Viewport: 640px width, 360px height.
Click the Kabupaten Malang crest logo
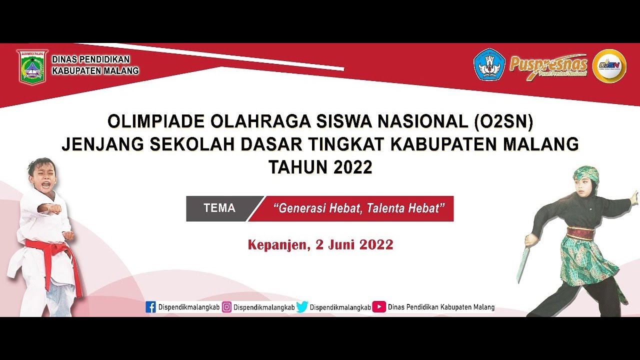pyautogui.click(x=32, y=66)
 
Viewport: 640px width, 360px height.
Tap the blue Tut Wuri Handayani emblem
pyautogui.click(x=489, y=65)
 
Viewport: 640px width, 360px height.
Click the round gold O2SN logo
pyautogui.click(x=609, y=65)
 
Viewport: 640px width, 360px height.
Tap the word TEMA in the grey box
pyautogui.click(x=219, y=208)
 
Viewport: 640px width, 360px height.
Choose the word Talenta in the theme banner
pyautogui.click(x=386, y=208)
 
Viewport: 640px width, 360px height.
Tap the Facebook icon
pyautogui.click(x=150, y=307)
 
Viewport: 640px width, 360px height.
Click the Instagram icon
pyautogui.click(x=226, y=307)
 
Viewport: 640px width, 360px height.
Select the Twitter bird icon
pyautogui.click(x=302, y=307)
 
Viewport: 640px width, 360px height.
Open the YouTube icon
pyautogui.click(x=379, y=307)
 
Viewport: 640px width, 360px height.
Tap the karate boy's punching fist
pyautogui.click(x=55, y=209)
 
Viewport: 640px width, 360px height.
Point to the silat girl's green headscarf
pyautogui.click(x=586, y=173)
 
